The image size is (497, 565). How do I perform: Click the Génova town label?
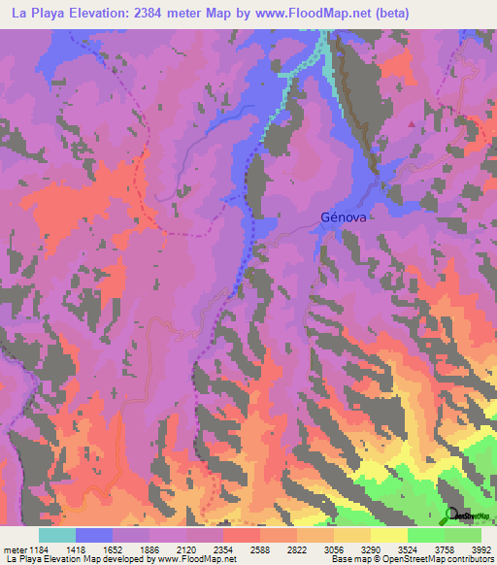coord(344,219)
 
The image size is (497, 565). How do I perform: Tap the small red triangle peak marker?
coord(412,125)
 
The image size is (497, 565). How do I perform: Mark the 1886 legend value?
coord(150,549)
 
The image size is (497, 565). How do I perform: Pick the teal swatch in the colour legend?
coord(57,535)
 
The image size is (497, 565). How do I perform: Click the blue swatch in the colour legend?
coord(94,535)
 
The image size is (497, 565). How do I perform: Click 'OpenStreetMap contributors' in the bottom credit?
coord(442,559)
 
